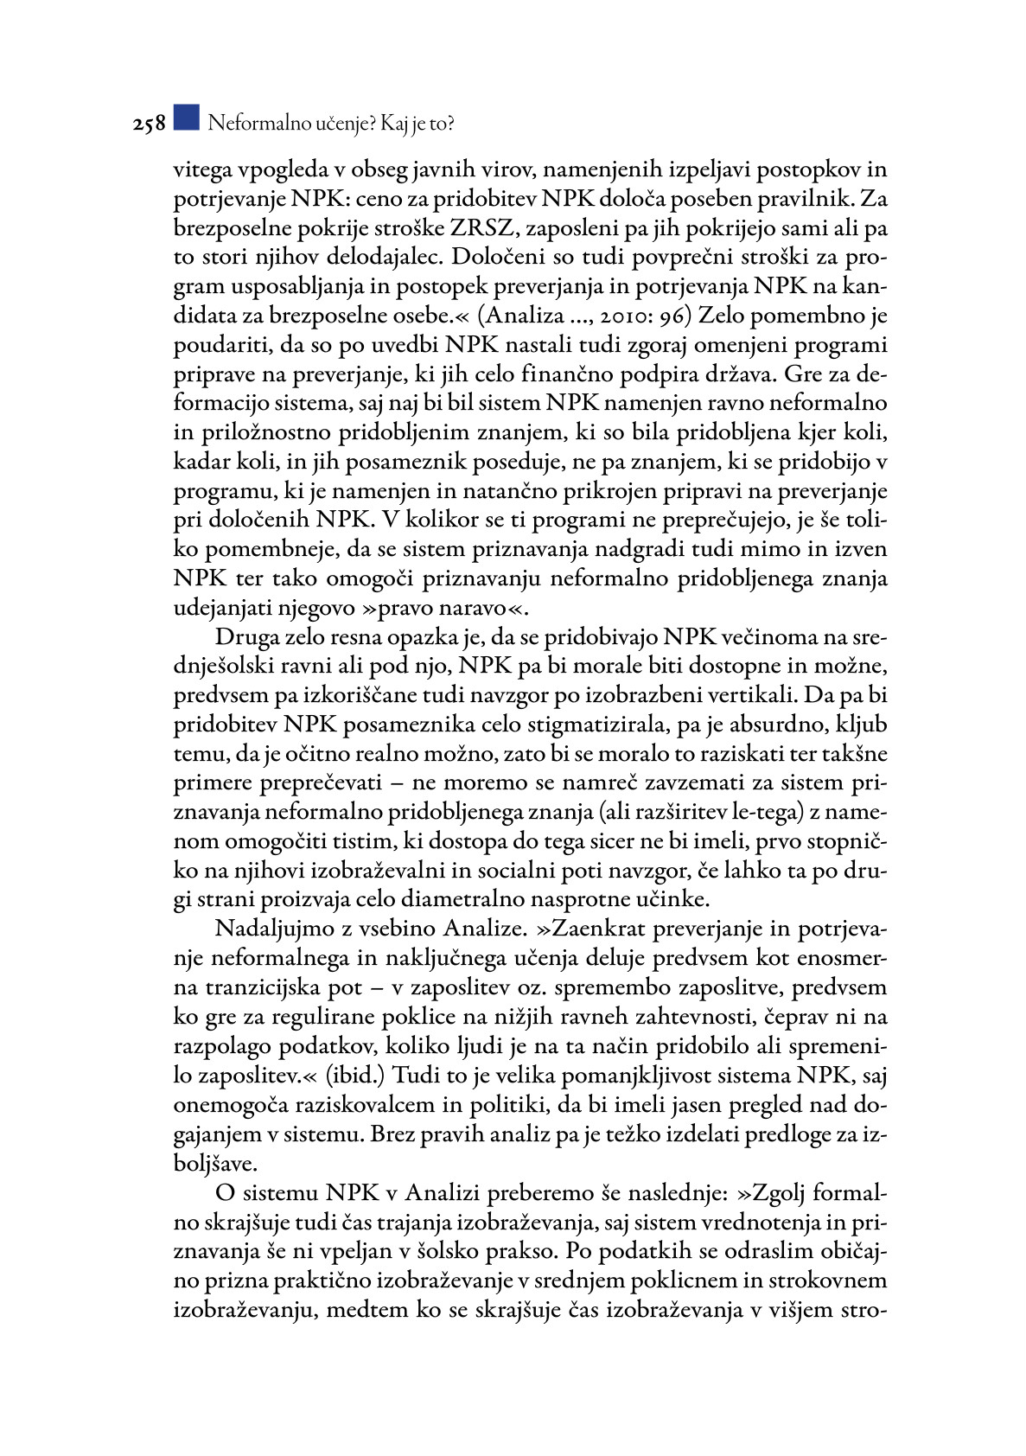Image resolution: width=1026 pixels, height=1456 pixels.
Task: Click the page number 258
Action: pyautogui.click(x=149, y=125)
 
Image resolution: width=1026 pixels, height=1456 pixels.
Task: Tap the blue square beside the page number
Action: pyautogui.click(x=186, y=118)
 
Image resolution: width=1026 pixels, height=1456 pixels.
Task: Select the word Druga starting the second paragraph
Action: pyautogui.click(x=248, y=637)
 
